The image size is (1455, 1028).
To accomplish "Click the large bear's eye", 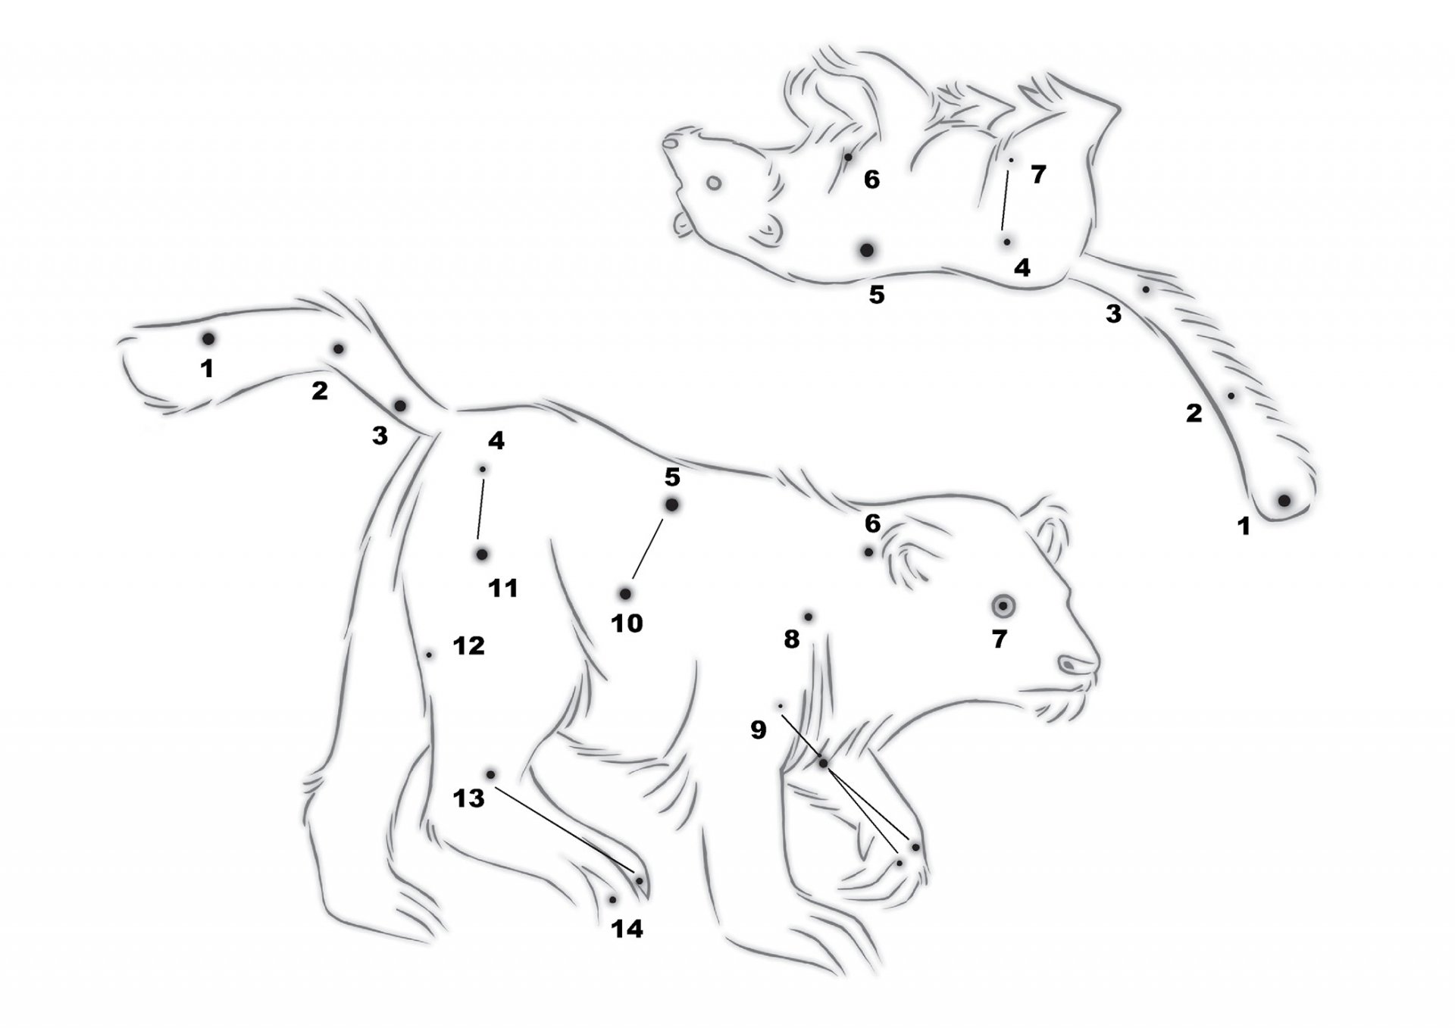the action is pos(1003,605).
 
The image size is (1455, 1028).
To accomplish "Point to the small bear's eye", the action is pos(713,182).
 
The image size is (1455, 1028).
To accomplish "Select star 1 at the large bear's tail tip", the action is pos(208,338).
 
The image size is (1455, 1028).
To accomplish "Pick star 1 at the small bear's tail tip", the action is pos(1284,500).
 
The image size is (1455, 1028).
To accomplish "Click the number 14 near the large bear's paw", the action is pos(627,929).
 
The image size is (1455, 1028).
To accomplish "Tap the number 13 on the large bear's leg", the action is pos(468,798).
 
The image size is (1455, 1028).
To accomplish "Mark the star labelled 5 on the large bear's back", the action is pos(671,505).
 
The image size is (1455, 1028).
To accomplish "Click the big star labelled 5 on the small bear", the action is pos(867,249).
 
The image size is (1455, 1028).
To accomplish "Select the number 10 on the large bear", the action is pos(627,623).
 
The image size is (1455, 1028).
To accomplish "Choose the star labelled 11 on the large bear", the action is pos(481,555).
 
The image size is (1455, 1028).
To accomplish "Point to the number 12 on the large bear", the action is pos(468,645).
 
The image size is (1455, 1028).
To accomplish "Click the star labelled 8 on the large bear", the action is pos(808,617).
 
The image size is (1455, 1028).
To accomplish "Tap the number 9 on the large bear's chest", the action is pos(758,730).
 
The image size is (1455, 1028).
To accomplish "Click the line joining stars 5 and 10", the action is pos(647,548).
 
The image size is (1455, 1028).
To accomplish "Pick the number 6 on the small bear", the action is pos(871,180).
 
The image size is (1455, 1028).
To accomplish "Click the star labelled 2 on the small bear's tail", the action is pos(1231,395).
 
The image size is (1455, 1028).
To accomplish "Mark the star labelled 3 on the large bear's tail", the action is pos(400,405).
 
